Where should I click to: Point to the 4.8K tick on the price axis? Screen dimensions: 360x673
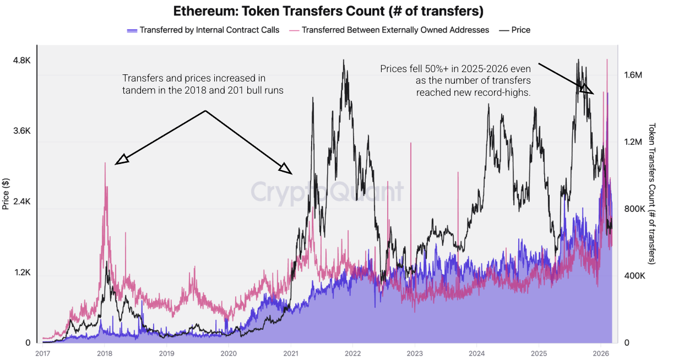coord(21,61)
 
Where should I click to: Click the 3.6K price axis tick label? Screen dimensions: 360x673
coord(21,131)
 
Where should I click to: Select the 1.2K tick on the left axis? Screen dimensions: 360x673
coord(21,272)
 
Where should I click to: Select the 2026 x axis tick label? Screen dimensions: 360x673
coord(601,353)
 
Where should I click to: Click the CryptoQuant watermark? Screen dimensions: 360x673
coord(327,192)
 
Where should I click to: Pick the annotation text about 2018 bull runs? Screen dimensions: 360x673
coord(203,84)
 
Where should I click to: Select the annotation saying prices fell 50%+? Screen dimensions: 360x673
coord(455,80)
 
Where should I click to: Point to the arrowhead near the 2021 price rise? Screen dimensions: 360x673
coord(285,168)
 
